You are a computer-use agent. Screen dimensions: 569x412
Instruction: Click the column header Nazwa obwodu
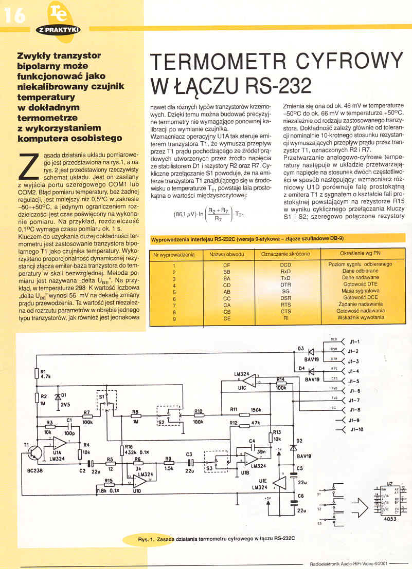point(227,254)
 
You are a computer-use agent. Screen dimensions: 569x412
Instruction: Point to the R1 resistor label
point(43,372)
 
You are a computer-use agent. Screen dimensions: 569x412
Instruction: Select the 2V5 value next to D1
point(65,404)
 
